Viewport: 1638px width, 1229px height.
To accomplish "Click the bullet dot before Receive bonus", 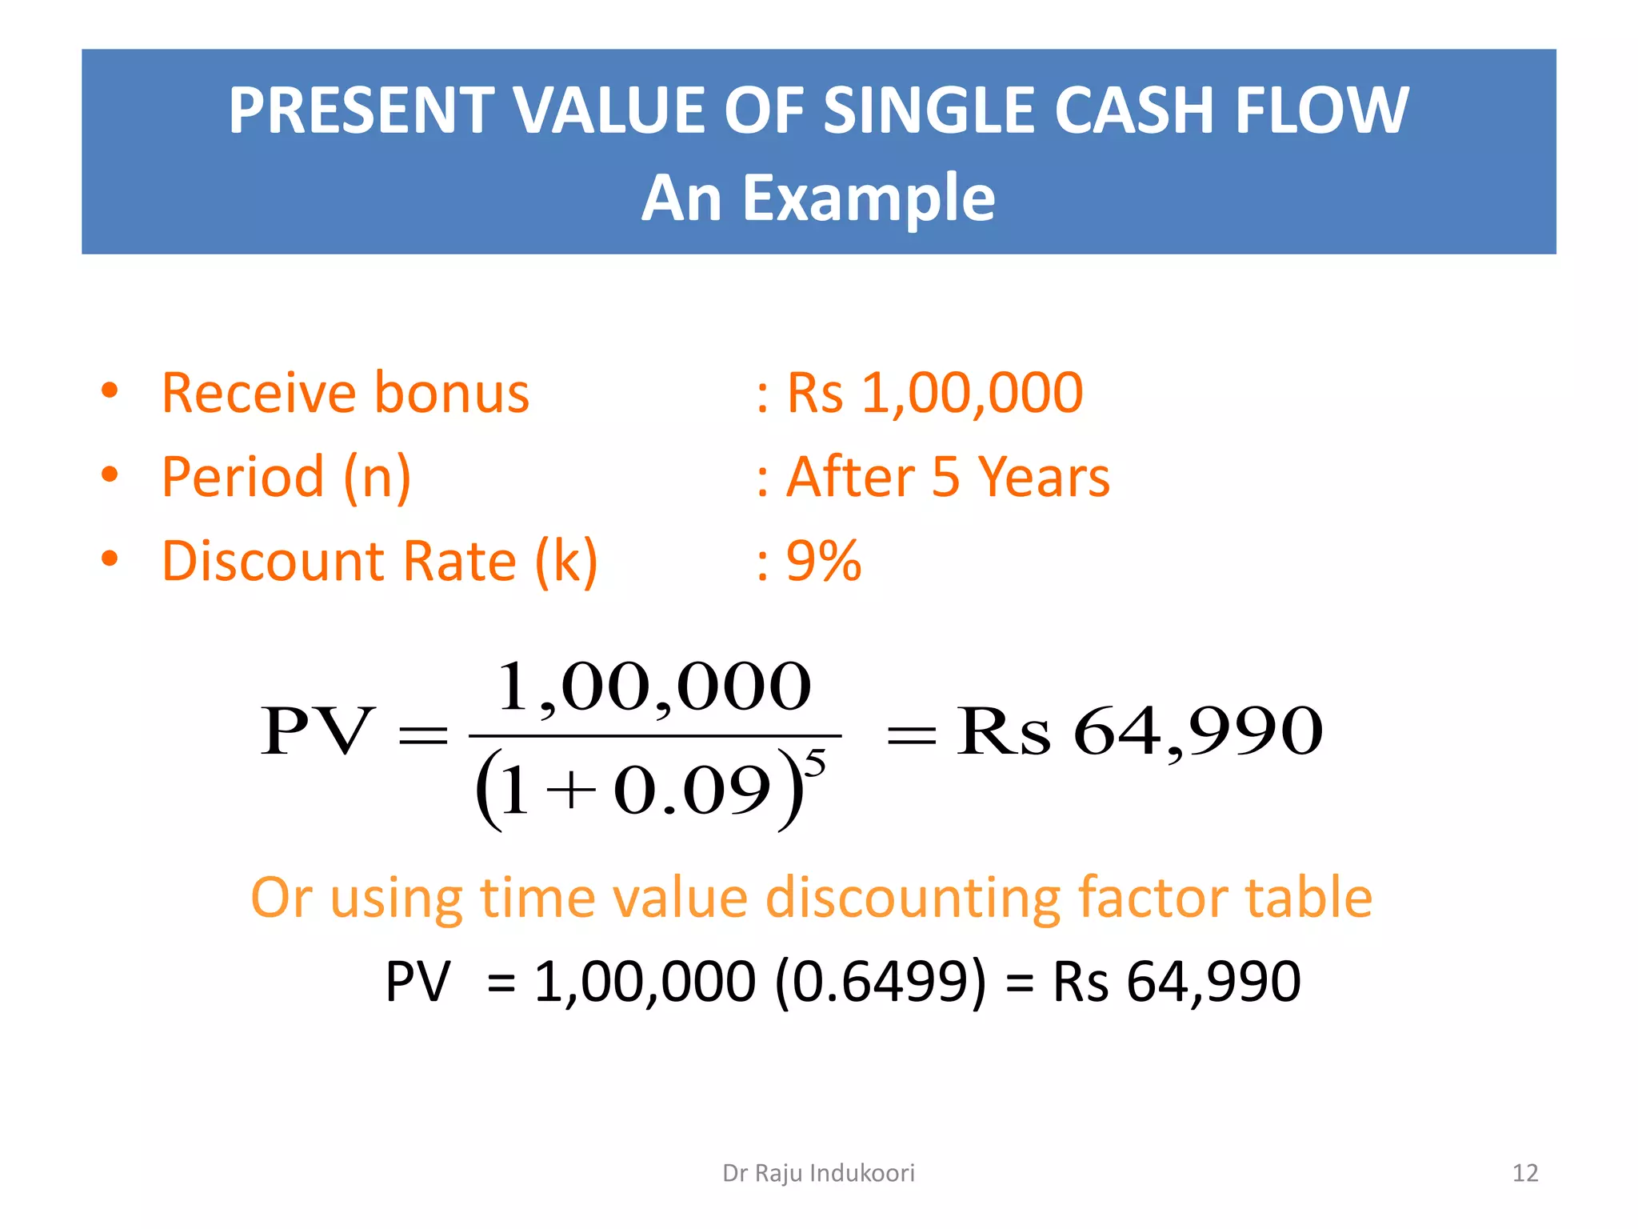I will point(110,391).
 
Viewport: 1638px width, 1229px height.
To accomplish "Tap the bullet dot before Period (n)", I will point(110,475).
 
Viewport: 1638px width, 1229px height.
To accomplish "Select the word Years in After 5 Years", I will point(1044,477).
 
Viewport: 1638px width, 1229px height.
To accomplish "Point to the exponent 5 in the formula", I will point(814,764).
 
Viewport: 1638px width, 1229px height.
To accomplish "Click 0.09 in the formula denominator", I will point(692,791).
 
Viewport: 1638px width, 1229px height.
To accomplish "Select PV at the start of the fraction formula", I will point(317,731).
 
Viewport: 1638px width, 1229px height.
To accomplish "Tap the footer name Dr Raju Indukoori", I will point(818,1173).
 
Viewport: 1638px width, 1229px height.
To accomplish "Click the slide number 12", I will point(1525,1173).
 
